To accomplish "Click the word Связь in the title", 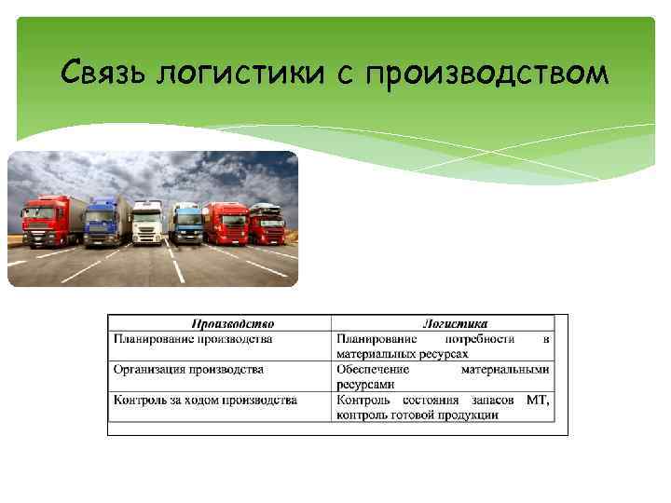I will tap(104, 72).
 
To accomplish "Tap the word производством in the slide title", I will tap(488, 72).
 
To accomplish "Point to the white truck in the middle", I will tap(146, 222).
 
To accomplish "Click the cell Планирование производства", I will tap(193, 339).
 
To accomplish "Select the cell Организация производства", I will tap(188, 370).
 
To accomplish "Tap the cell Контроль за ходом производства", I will tap(205, 400).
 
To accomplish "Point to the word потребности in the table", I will tap(480, 339).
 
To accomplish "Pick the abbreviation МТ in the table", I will tap(538, 400).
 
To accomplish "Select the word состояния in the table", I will tap(433, 400).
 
